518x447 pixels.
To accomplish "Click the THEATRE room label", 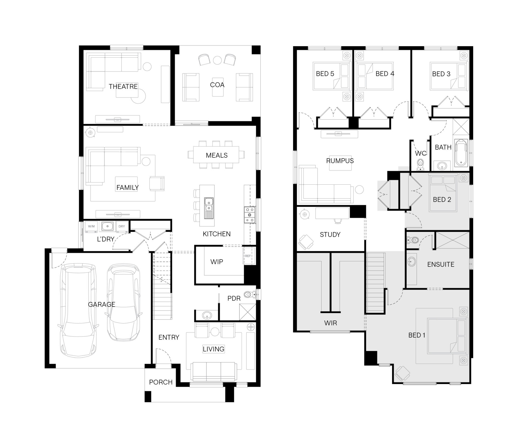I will point(123,87).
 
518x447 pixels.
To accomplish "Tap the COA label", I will point(217,85).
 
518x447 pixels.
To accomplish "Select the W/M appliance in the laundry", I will point(91,226).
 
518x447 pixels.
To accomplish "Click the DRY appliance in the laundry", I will point(122,226).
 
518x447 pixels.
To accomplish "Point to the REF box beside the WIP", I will point(248,256).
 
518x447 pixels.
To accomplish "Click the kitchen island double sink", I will point(209,205).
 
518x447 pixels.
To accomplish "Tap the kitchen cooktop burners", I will point(250,215).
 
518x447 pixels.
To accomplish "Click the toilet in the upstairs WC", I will point(420,164).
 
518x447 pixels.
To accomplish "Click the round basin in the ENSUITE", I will point(412,262).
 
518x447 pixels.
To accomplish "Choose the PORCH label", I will point(161,382).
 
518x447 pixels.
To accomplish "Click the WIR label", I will point(330,323).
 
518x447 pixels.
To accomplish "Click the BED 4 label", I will point(385,74).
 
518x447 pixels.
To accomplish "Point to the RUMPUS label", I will point(340,161).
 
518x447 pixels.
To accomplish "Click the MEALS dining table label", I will point(216,155).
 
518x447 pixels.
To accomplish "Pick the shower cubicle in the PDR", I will point(248,312).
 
